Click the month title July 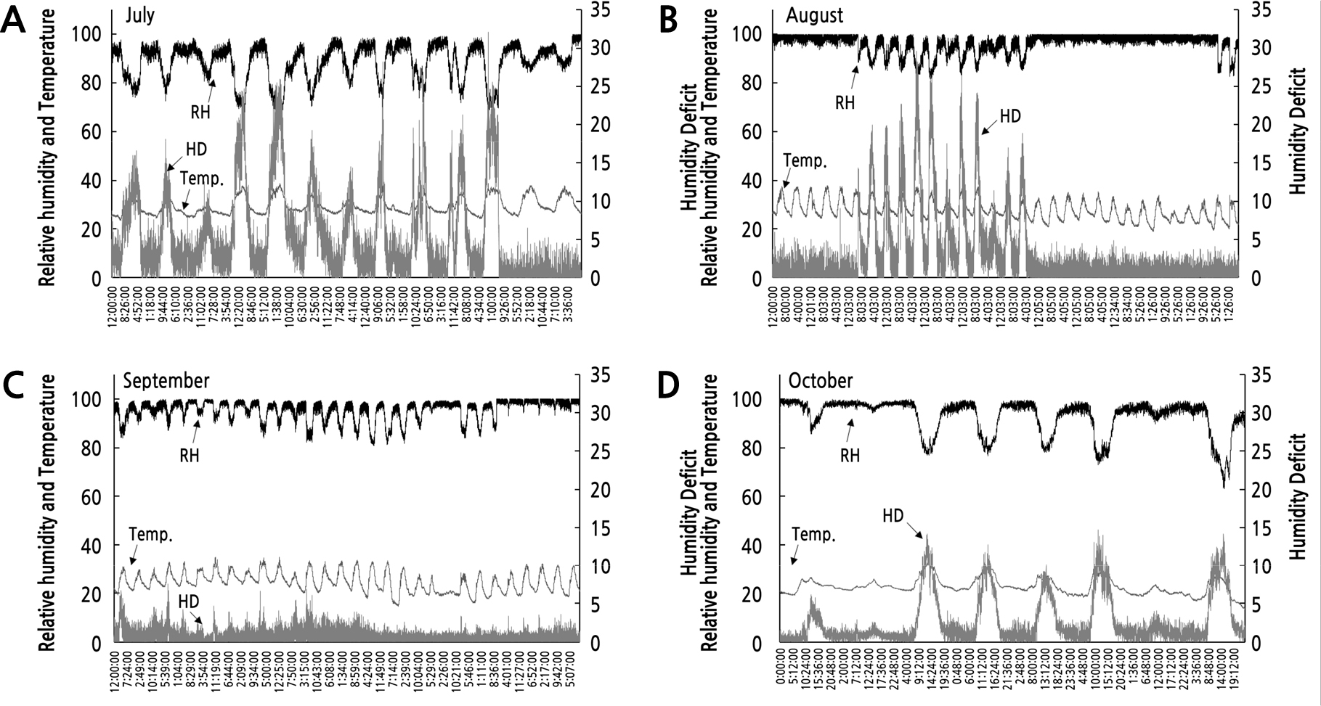pos(139,15)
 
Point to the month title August pos(816,15)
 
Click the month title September pos(166,381)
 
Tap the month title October pos(821,381)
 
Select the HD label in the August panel pos(1010,115)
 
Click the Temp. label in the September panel pos(151,535)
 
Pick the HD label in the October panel pos(893,516)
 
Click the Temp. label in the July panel pos(201,178)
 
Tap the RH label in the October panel pos(850,456)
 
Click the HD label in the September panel pos(188,602)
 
